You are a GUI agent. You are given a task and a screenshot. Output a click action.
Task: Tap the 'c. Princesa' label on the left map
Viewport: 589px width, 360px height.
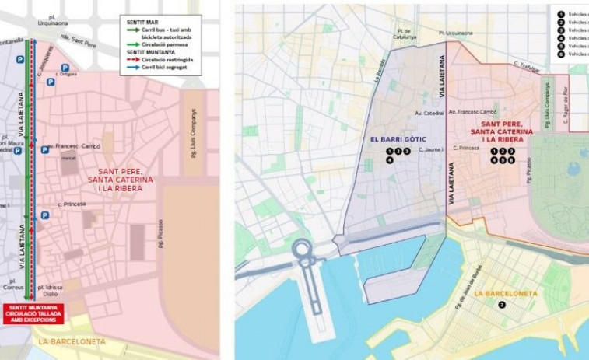[71, 204]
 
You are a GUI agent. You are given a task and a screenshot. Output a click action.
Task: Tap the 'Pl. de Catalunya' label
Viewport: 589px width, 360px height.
[404, 34]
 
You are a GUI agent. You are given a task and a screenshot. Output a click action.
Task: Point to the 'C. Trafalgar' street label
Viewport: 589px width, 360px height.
[527, 64]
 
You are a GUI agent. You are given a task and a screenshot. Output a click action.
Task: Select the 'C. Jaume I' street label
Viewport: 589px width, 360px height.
[431, 150]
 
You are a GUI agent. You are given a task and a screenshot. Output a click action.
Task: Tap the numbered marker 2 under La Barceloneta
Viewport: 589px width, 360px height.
[503, 305]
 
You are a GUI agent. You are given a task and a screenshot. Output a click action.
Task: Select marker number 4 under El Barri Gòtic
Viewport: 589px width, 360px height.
[390, 160]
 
